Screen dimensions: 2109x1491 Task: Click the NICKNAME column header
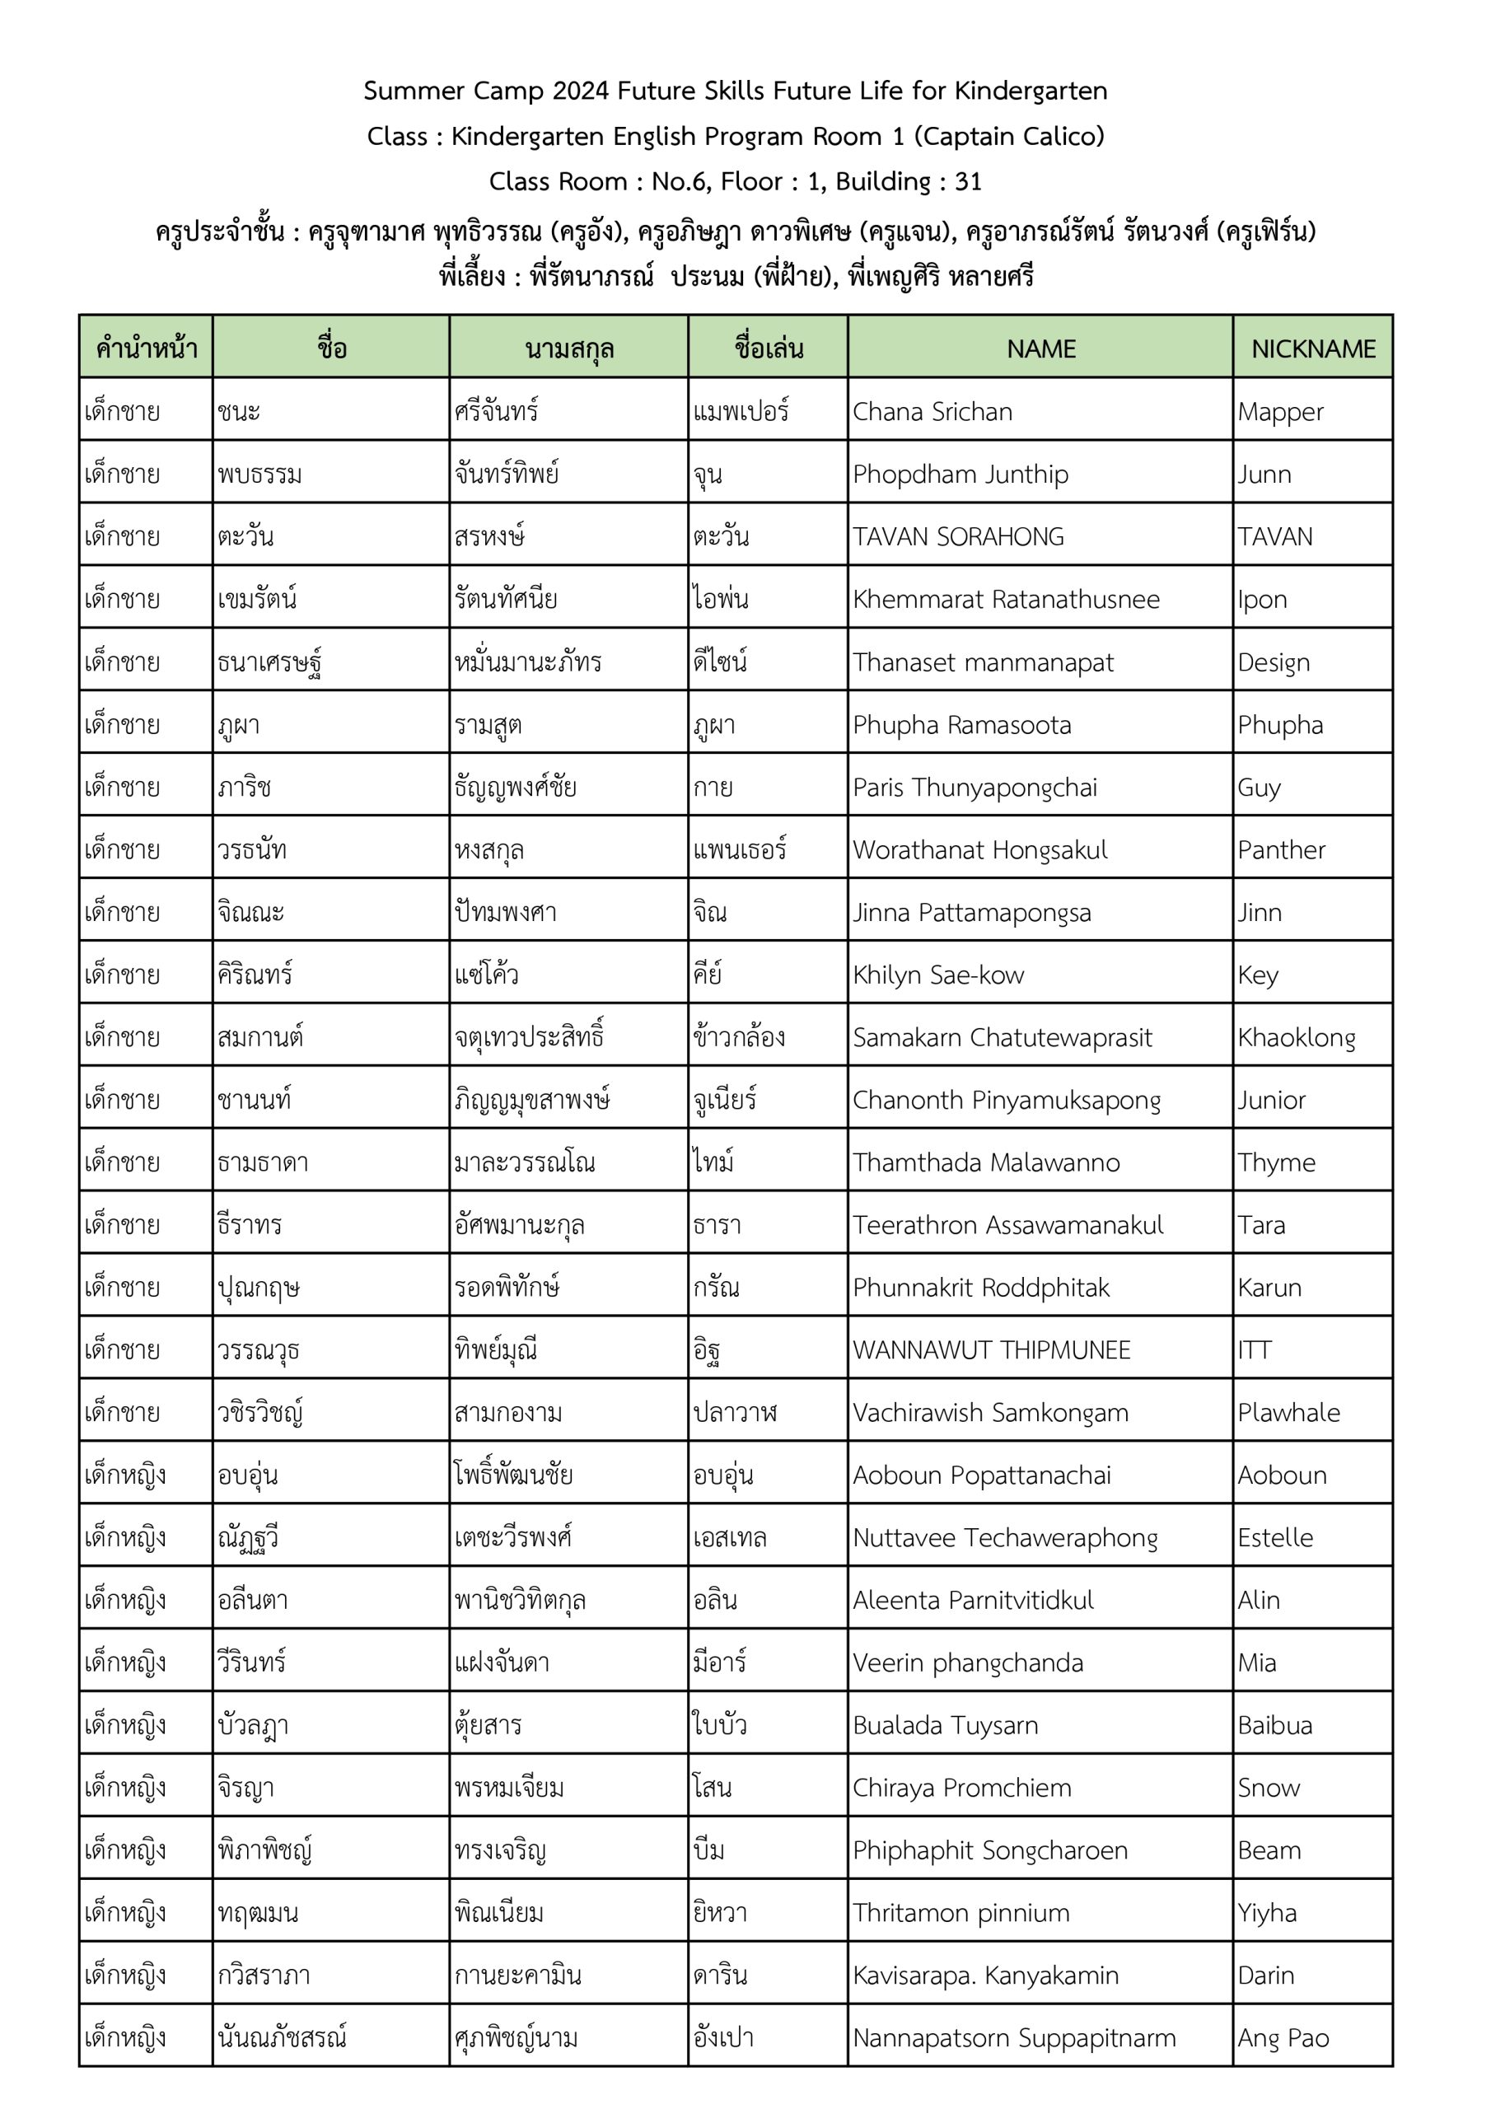point(1313,348)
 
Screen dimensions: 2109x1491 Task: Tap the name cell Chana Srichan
point(932,412)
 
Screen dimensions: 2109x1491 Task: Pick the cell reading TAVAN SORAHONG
point(957,536)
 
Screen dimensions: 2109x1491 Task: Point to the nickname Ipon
point(1261,600)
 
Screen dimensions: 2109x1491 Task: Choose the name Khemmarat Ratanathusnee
point(1005,600)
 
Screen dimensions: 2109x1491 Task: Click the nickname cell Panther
point(1281,849)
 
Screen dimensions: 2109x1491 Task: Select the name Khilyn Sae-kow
point(937,975)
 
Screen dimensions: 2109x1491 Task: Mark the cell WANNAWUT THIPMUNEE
point(990,1350)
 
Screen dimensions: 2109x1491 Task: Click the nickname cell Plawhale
point(1288,1413)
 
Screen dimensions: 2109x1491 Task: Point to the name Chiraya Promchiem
point(961,1788)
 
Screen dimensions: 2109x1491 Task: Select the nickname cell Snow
point(1268,1788)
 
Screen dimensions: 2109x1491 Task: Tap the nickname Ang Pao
point(1283,2038)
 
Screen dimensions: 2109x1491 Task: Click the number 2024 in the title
point(581,91)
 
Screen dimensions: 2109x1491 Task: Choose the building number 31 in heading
point(968,182)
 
